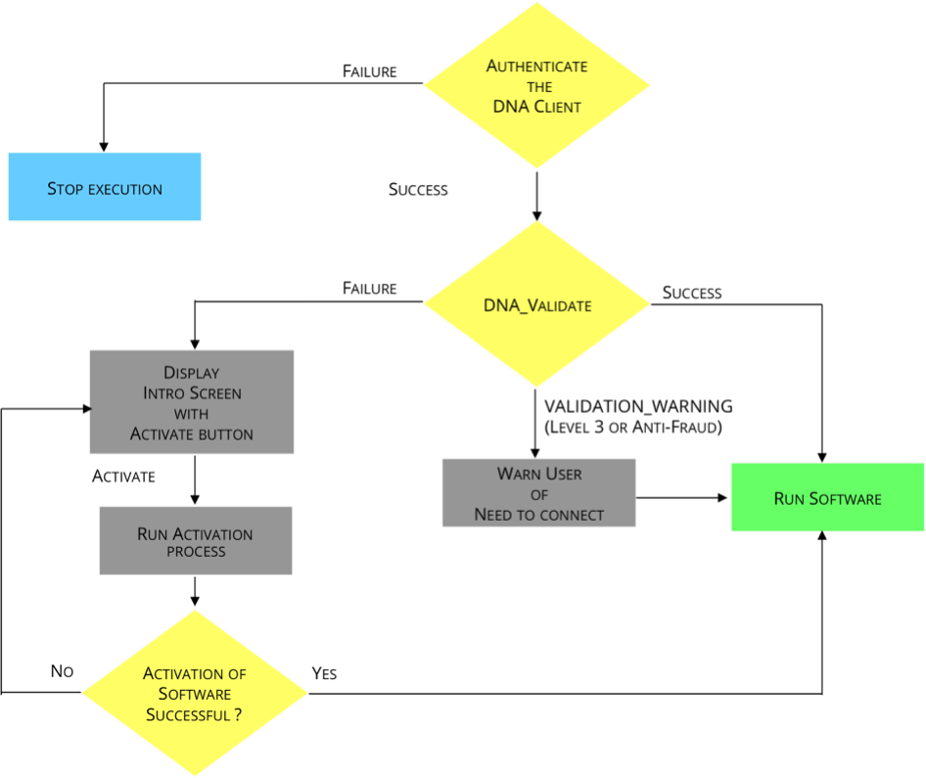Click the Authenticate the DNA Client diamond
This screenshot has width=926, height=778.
tap(536, 85)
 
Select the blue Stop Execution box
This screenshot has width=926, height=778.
tap(105, 187)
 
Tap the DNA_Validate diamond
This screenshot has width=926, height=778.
tap(536, 304)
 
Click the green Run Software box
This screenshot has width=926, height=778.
tap(827, 497)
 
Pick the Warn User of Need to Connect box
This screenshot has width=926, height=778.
tap(539, 493)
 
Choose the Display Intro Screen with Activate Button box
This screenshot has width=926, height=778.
tap(191, 402)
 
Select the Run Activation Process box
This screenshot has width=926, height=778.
tap(196, 541)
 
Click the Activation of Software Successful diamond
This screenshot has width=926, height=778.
tap(195, 693)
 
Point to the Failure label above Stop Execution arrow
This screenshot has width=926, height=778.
tap(370, 71)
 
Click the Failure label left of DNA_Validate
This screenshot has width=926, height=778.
tap(370, 288)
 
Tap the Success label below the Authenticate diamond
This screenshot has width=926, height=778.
tap(418, 190)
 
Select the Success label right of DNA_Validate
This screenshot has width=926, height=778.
tap(692, 293)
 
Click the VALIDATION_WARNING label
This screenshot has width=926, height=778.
tap(638, 407)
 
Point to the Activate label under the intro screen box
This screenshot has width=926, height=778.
tap(123, 477)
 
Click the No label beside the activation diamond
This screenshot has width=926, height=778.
tap(62, 671)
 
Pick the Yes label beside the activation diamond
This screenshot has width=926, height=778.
tap(324, 673)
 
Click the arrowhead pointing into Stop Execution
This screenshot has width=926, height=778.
tap(104, 148)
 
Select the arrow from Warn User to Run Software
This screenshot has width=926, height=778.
tap(681, 497)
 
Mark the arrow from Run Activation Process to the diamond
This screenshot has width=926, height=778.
tap(195, 591)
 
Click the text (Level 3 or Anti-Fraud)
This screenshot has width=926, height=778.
tap(633, 427)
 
